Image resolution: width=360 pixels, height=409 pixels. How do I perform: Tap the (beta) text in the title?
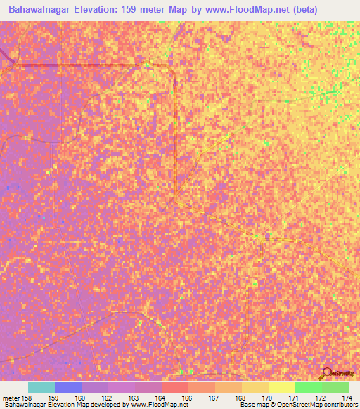coord(282,10)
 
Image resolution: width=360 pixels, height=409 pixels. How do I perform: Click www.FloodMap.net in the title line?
coord(221,10)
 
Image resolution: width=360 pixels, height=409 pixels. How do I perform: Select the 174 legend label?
coord(347,398)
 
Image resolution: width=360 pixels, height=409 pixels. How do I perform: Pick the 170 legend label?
coord(266,398)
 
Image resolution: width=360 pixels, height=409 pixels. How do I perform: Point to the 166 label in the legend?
coord(186,398)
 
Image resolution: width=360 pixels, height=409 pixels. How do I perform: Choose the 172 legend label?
coord(320,398)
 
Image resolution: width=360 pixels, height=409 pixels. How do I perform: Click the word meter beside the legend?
coord(10,398)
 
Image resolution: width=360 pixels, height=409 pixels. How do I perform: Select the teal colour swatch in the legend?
coord(41,387)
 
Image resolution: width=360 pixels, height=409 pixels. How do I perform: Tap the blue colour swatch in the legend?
coord(67,387)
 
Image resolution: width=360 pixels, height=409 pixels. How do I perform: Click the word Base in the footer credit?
coord(246,405)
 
